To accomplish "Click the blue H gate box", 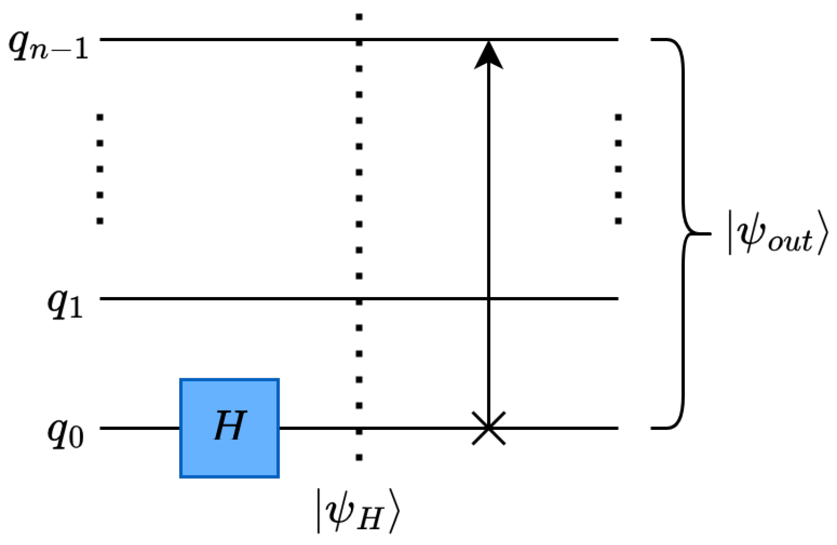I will pos(229,428).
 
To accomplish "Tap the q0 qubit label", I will pos(65,433).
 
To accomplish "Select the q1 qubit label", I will pos(65,304).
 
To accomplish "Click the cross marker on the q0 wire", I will pos(488,428).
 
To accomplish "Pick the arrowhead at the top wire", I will pos(488,55).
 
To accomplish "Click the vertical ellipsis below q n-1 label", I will pos(100,169).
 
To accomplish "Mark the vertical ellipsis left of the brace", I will pos(618,169).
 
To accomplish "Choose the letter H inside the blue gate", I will pos(230,425).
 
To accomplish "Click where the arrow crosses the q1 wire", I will pos(488,299).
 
